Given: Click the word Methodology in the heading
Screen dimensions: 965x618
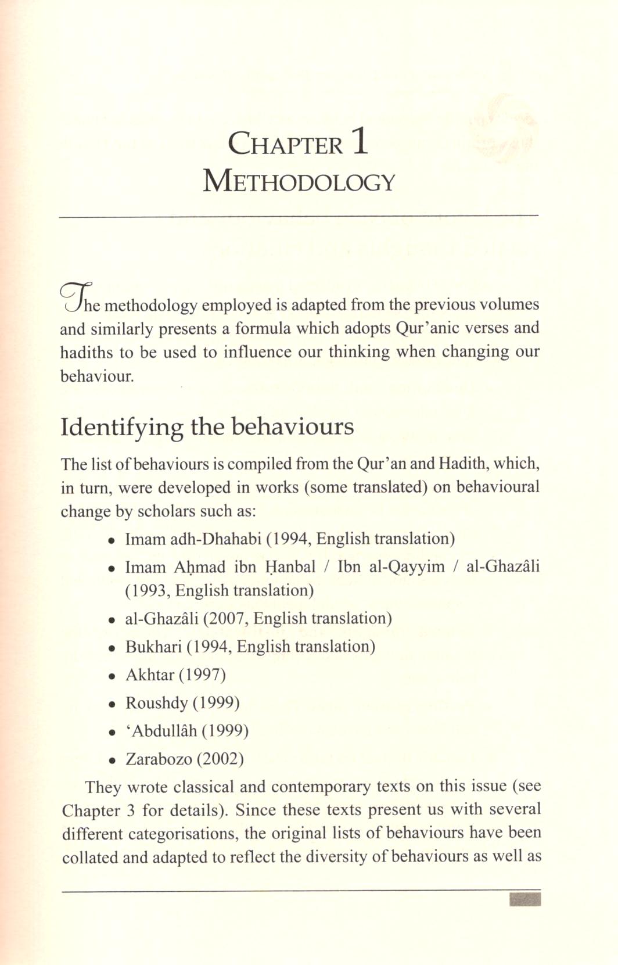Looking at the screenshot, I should click(299, 181).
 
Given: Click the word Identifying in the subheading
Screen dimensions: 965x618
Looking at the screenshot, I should click(121, 427).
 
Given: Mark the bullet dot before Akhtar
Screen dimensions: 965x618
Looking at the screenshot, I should click(112, 676).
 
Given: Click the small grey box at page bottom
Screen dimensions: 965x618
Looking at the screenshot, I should click(525, 900).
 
